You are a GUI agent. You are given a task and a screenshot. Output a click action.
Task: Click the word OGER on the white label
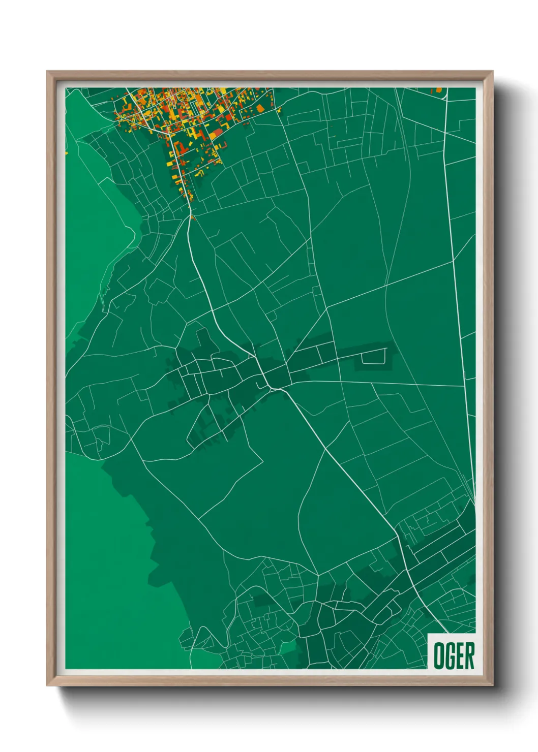coord(454,655)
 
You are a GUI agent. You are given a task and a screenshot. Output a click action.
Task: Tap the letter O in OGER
coord(438,655)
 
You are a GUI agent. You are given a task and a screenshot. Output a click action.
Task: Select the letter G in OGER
coord(450,655)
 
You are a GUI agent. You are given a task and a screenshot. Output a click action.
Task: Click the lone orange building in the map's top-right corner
coord(438,90)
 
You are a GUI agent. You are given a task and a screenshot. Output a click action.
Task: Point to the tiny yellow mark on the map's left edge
coord(66,152)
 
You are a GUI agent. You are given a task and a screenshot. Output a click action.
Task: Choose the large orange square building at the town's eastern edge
coord(260,108)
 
